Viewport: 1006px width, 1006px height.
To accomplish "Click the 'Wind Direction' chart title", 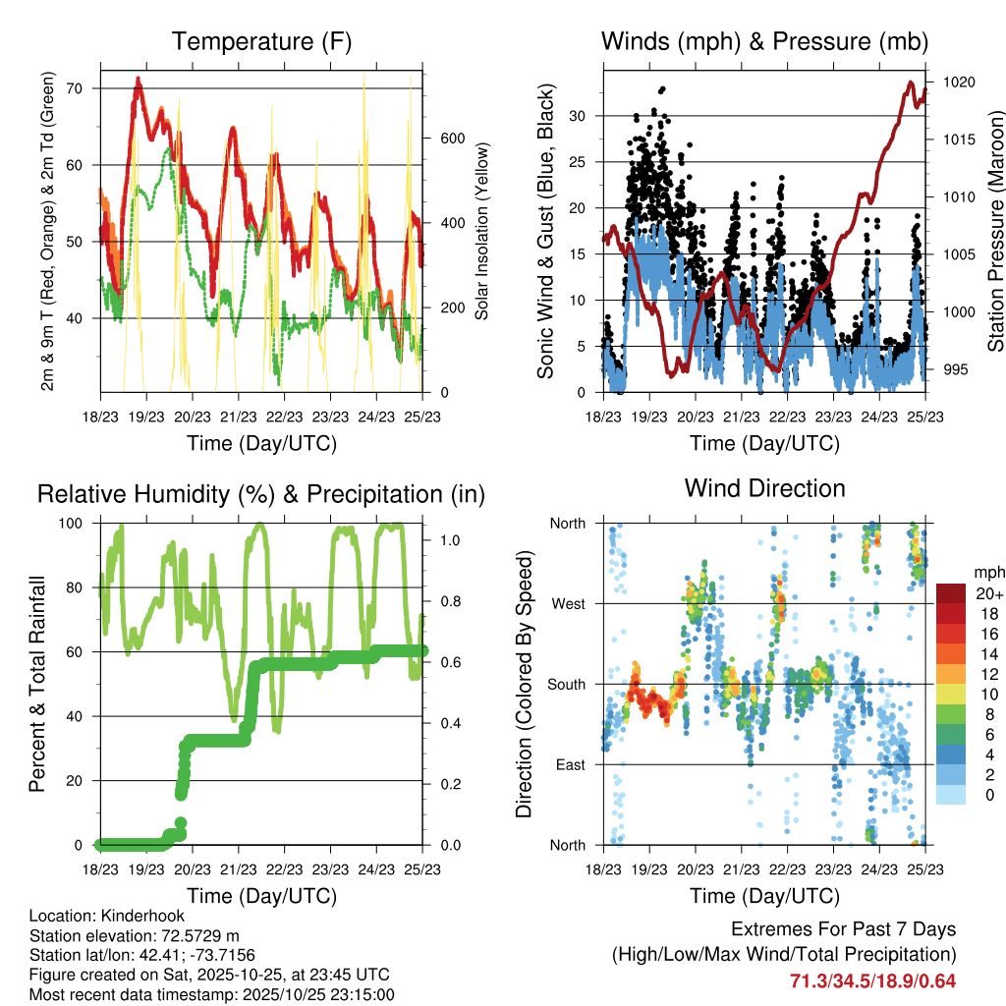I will (x=764, y=488).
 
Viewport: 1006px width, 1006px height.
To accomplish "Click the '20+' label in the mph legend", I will (x=987, y=593).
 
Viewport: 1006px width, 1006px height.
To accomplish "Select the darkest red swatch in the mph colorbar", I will (x=951, y=593).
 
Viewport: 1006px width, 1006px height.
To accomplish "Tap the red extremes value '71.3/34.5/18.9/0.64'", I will (x=872, y=980).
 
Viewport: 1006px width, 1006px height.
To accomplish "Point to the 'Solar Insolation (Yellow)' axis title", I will (x=481, y=231).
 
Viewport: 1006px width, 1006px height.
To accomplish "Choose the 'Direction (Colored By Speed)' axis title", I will (x=524, y=684).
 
